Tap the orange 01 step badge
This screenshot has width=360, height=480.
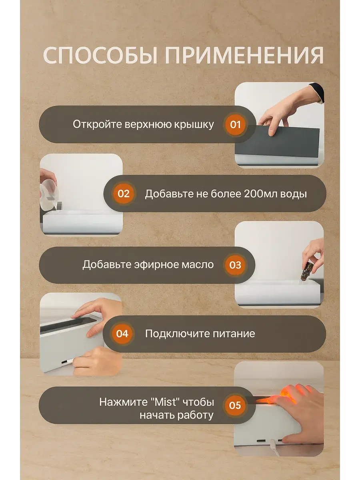[x=235, y=125]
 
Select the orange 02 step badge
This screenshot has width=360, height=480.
[x=124, y=194]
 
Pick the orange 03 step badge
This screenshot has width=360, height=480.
[x=235, y=265]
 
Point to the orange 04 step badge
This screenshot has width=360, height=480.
[x=122, y=334]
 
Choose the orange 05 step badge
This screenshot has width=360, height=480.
[x=235, y=405]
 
